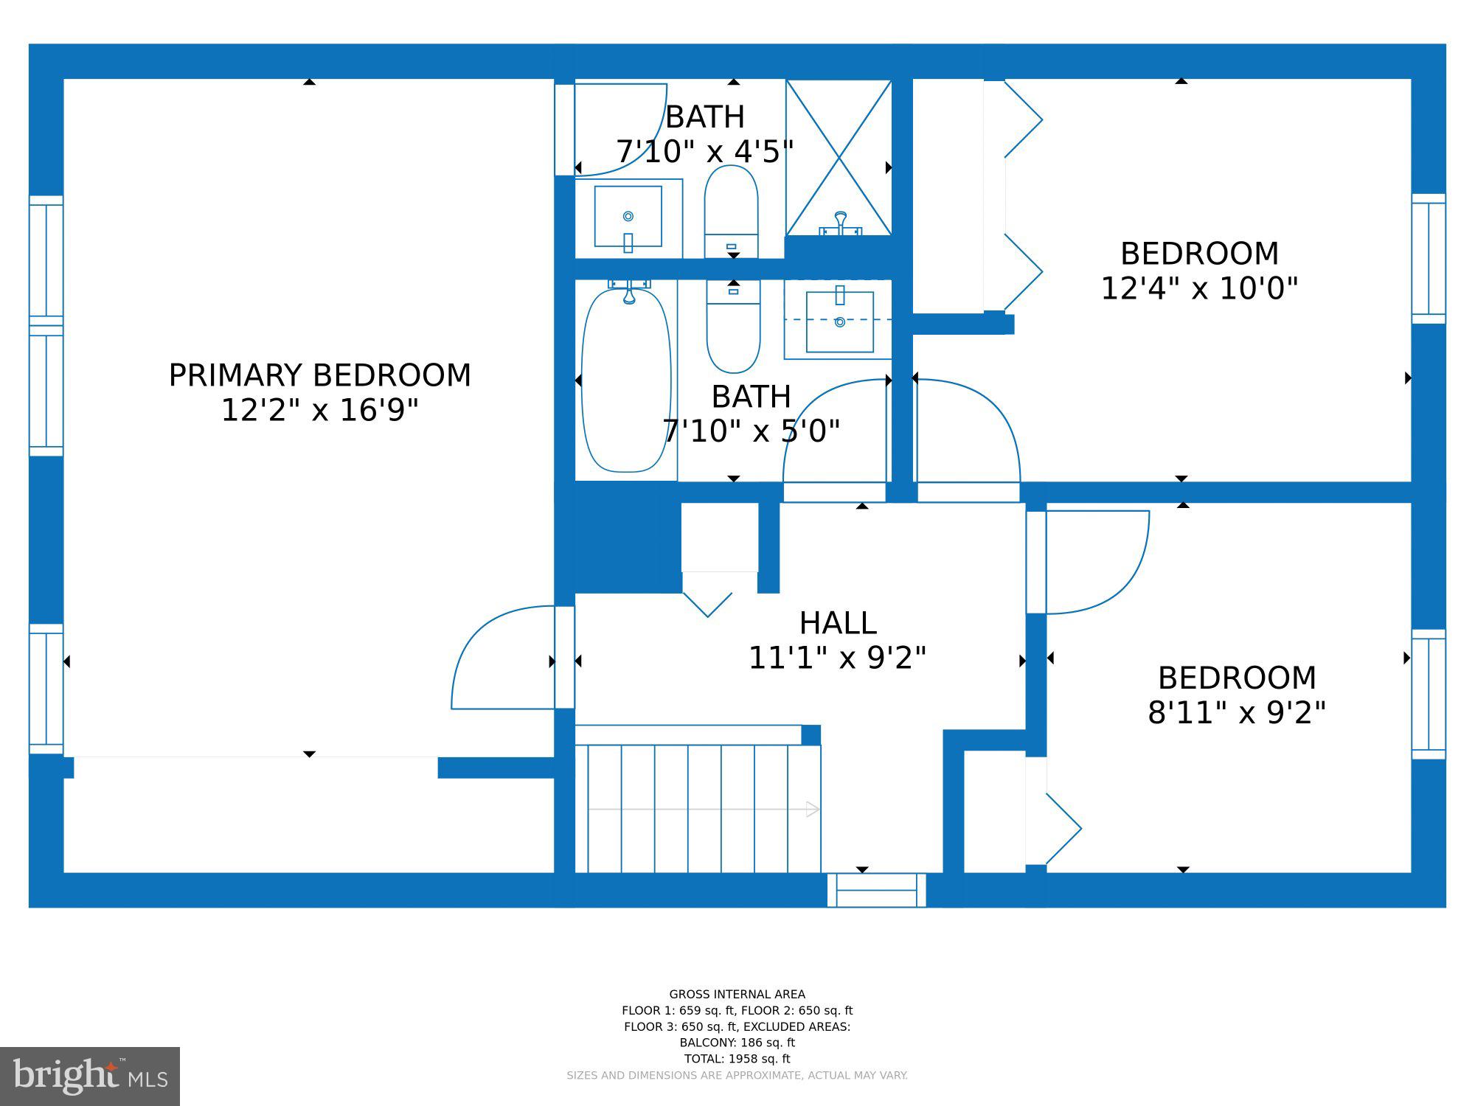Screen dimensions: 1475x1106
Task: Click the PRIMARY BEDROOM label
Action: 319,375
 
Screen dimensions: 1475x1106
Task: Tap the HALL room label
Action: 838,623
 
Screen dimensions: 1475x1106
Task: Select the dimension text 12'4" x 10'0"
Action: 1199,288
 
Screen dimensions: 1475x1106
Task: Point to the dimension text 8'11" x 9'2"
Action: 1237,712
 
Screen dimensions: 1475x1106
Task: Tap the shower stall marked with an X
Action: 839,158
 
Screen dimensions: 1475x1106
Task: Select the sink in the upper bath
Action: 628,217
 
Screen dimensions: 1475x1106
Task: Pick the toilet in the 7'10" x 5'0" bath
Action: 733,326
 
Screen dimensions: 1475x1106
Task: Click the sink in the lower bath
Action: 839,321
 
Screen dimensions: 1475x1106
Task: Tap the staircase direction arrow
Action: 704,810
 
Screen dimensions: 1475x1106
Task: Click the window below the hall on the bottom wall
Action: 876,890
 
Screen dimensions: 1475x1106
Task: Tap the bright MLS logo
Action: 90,1077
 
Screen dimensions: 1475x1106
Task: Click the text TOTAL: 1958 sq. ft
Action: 737,1059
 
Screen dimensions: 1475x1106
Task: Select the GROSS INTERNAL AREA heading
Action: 737,994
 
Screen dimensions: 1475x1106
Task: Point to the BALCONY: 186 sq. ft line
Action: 737,1043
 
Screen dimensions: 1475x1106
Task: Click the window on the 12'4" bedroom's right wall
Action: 1429,259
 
